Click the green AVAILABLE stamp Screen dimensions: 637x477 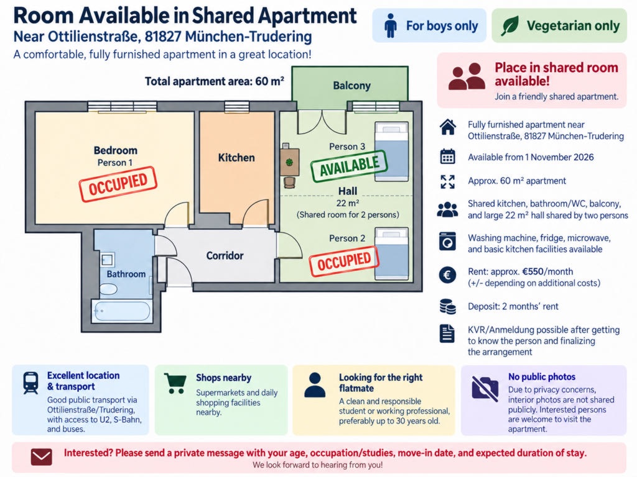[x=349, y=166]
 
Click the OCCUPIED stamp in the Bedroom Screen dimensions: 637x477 [x=118, y=184]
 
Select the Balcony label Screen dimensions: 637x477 [x=352, y=86]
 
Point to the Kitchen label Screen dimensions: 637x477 [x=236, y=157]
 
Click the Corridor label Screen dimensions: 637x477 [x=225, y=255]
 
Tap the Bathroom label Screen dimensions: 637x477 [x=126, y=274]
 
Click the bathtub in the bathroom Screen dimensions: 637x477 [x=121, y=311]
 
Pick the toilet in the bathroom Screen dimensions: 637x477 [x=108, y=289]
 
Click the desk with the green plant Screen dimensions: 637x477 [x=290, y=162]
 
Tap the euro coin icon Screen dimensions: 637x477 [x=447, y=275]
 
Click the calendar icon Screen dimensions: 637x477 [x=448, y=157]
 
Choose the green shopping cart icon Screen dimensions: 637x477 [x=175, y=383]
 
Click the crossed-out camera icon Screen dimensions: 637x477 [x=485, y=388]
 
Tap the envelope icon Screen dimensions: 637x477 [x=42, y=457]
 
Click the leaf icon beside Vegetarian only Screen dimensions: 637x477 [x=510, y=26]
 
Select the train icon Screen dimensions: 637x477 [x=31, y=383]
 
